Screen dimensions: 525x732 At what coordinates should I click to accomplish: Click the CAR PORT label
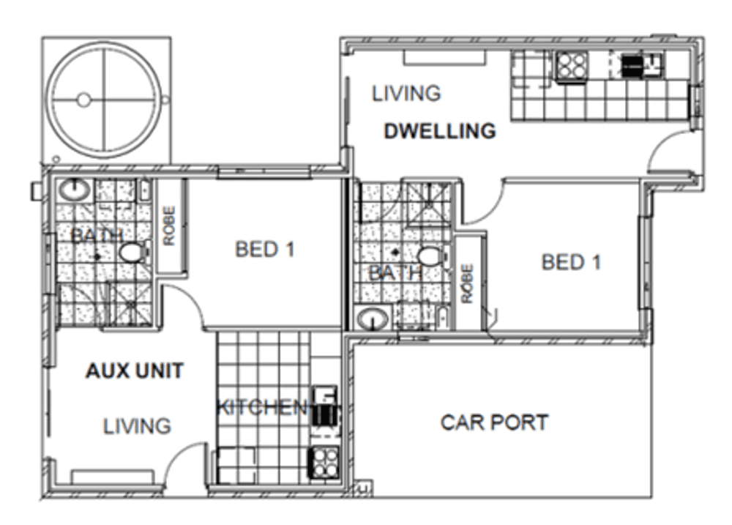click(494, 422)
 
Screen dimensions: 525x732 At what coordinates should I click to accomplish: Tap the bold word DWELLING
click(440, 132)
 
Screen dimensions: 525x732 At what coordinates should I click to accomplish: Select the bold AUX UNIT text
click(134, 371)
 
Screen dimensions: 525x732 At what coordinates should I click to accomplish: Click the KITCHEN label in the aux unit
click(261, 407)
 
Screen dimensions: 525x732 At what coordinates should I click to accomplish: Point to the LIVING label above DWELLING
click(406, 94)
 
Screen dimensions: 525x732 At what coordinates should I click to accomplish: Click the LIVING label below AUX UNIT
click(137, 425)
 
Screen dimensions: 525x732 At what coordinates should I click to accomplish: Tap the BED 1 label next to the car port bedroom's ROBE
click(571, 262)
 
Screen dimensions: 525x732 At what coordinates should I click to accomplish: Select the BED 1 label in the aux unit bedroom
click(264, 250)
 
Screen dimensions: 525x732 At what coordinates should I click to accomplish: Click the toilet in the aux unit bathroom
click(132, 253)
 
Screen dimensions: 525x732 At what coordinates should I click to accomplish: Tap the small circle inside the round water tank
click(83, 100)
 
